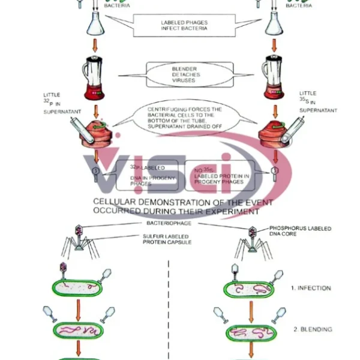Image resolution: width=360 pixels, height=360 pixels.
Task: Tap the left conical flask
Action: click(95, 23)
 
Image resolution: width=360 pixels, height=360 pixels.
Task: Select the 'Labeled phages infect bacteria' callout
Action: click(184, 26)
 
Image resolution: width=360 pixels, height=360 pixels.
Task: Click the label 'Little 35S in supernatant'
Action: click(318, 101)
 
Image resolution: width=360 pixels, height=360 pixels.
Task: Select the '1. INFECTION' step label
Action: click(311, 288)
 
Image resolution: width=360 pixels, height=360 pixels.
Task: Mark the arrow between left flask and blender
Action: click(95, 44)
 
